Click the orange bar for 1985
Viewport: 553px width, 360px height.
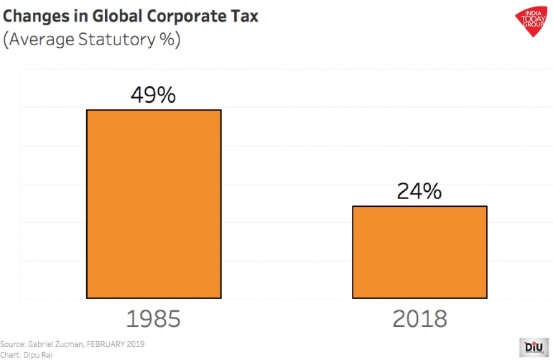[154, 203]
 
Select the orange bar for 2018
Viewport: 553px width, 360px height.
[419, 251]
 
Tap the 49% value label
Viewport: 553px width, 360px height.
[153, 96]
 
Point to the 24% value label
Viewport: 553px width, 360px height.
[419, 191]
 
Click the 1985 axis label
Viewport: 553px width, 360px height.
[153, 319]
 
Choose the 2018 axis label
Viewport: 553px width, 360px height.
[419, 319]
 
